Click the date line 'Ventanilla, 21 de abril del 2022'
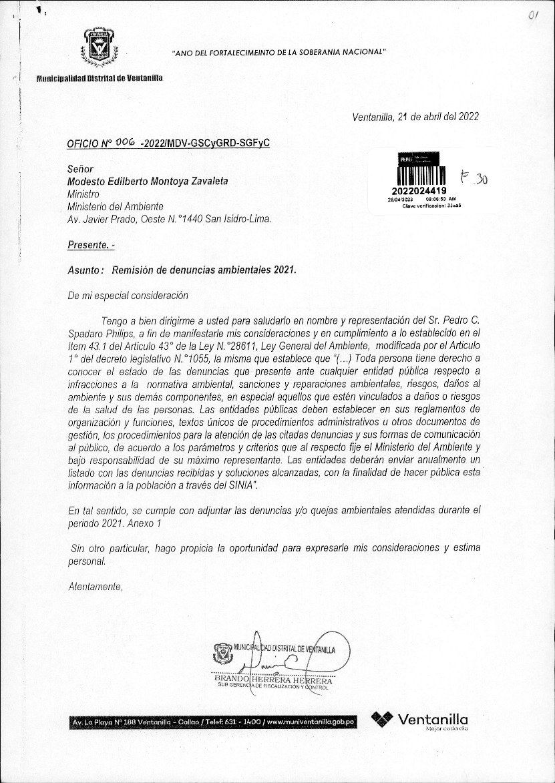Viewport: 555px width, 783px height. pyautogui.click(x=415, y=116)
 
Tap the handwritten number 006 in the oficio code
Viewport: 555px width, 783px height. pyautogui.click(x=125, y=142)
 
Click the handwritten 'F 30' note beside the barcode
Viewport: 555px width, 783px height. pyautogui.click(x=475, y=178)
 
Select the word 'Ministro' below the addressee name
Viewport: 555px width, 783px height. pyautogui.click(x=83, y=194)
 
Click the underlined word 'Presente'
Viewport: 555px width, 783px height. pyautogui.click(x=88, y=245)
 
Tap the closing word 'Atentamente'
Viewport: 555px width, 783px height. pyautogui.click(x=96, y=587)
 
